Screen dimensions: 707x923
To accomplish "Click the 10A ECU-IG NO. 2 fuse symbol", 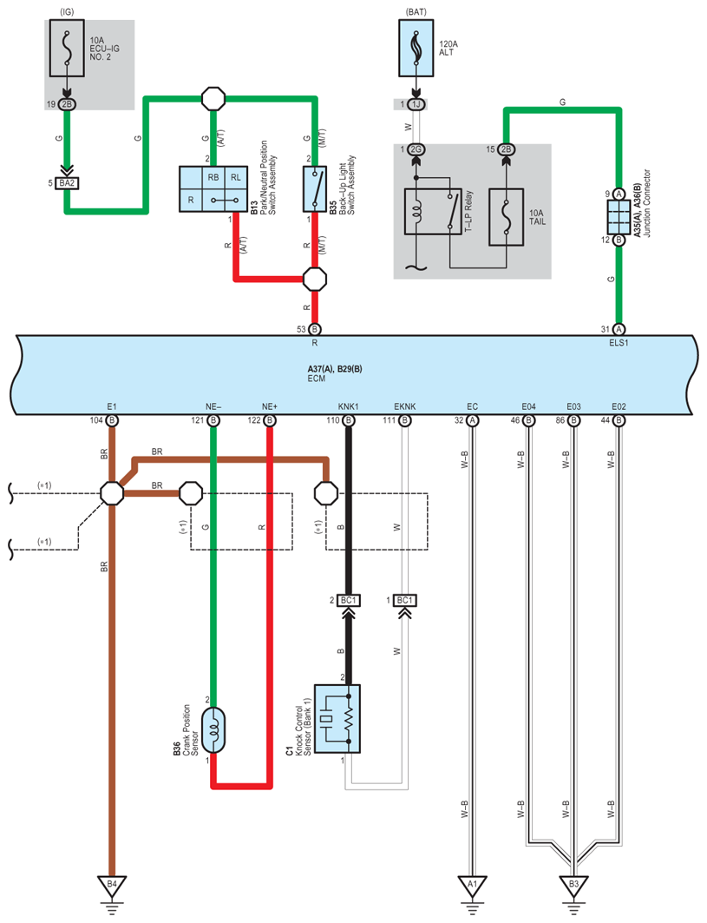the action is point(67,48).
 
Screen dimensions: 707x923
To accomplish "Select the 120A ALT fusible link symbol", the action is point(416,48).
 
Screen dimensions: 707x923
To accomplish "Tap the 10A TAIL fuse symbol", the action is point(506,216).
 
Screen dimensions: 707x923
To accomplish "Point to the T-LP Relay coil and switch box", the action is point(432,211).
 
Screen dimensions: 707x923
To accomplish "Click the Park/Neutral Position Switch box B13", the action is point(213,189).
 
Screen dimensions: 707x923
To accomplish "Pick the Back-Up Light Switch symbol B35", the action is point(315,189).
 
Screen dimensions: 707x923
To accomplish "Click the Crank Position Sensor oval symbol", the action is point(213,730).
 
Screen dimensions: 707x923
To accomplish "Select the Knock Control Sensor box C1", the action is point(337,719).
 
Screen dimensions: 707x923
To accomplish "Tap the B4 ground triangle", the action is point(112,886).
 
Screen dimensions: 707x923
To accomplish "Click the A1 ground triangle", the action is point(472,886).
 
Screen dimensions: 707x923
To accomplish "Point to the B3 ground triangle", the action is point(573,886).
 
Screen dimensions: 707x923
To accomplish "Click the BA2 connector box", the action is point(67,184).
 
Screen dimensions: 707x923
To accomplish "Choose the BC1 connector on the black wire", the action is point(348,600).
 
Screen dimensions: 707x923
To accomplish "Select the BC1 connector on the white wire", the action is point(404,600).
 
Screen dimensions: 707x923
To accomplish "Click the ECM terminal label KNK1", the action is point(348,406).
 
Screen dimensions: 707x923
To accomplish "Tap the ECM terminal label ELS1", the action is point(619,343).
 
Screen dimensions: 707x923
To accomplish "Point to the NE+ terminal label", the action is point(270,406).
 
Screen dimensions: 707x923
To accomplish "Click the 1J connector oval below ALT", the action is point(416,104).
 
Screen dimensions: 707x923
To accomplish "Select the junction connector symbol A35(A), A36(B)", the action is point(619,217).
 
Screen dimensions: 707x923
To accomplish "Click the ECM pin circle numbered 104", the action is point(112,420).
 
